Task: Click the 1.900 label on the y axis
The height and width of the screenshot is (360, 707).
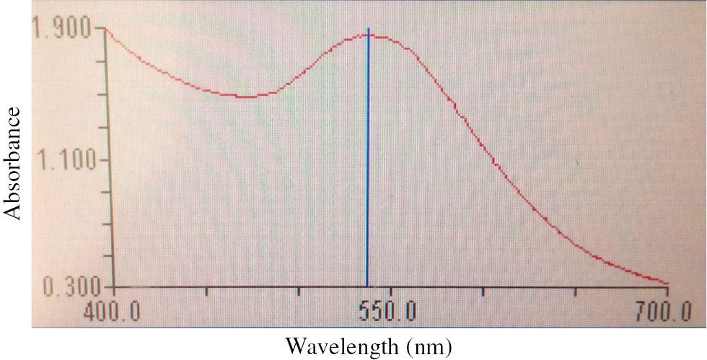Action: [x=62, y=29]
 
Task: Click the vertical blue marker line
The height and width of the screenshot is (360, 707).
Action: [x=368, y=159]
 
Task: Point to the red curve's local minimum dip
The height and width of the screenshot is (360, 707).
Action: [x=246, y=97]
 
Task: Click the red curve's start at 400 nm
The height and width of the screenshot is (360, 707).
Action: [x=107, y=30]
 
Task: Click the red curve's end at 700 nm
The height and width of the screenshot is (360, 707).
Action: [x=667, y=284]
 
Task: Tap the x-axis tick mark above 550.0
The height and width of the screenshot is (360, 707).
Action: [x=390, y=292]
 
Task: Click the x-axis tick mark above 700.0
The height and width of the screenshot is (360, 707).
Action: [x=667, y=292]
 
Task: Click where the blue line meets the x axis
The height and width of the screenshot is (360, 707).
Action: [x=367, y=287]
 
